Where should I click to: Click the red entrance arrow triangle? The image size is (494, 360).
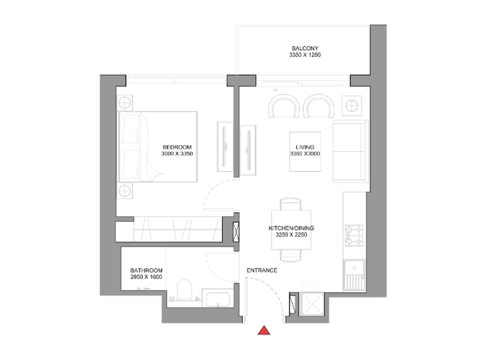tap(264, 331)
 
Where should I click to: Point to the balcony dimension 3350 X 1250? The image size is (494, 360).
tap(305, 56)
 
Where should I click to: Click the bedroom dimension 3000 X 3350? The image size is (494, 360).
tap(178, 154)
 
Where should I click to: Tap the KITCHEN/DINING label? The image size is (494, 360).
tap(291, 228)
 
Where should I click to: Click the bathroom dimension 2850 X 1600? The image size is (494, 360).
tap(146, 277)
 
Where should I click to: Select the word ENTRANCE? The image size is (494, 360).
tap(262, 270)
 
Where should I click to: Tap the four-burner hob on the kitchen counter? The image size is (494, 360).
tap(354, 235)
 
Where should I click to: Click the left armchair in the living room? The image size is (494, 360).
tap(284, 106)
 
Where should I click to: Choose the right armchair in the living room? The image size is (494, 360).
tap(318, 106)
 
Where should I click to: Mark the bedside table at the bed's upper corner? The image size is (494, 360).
tap(125, 103)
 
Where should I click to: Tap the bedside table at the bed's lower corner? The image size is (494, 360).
tap(125, 191)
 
